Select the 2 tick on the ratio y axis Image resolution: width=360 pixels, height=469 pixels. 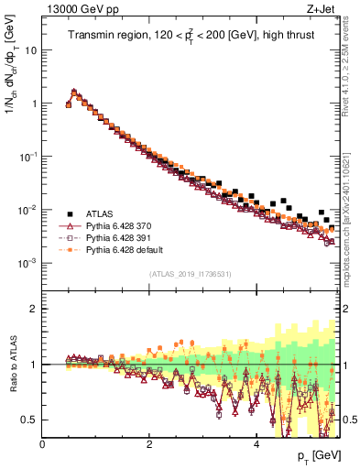tap(34, 309)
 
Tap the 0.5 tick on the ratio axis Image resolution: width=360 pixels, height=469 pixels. tap(29, 420)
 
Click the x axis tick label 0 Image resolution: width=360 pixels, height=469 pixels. tap(42, 444)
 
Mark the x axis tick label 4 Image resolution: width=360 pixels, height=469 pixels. tap(256, 444)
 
